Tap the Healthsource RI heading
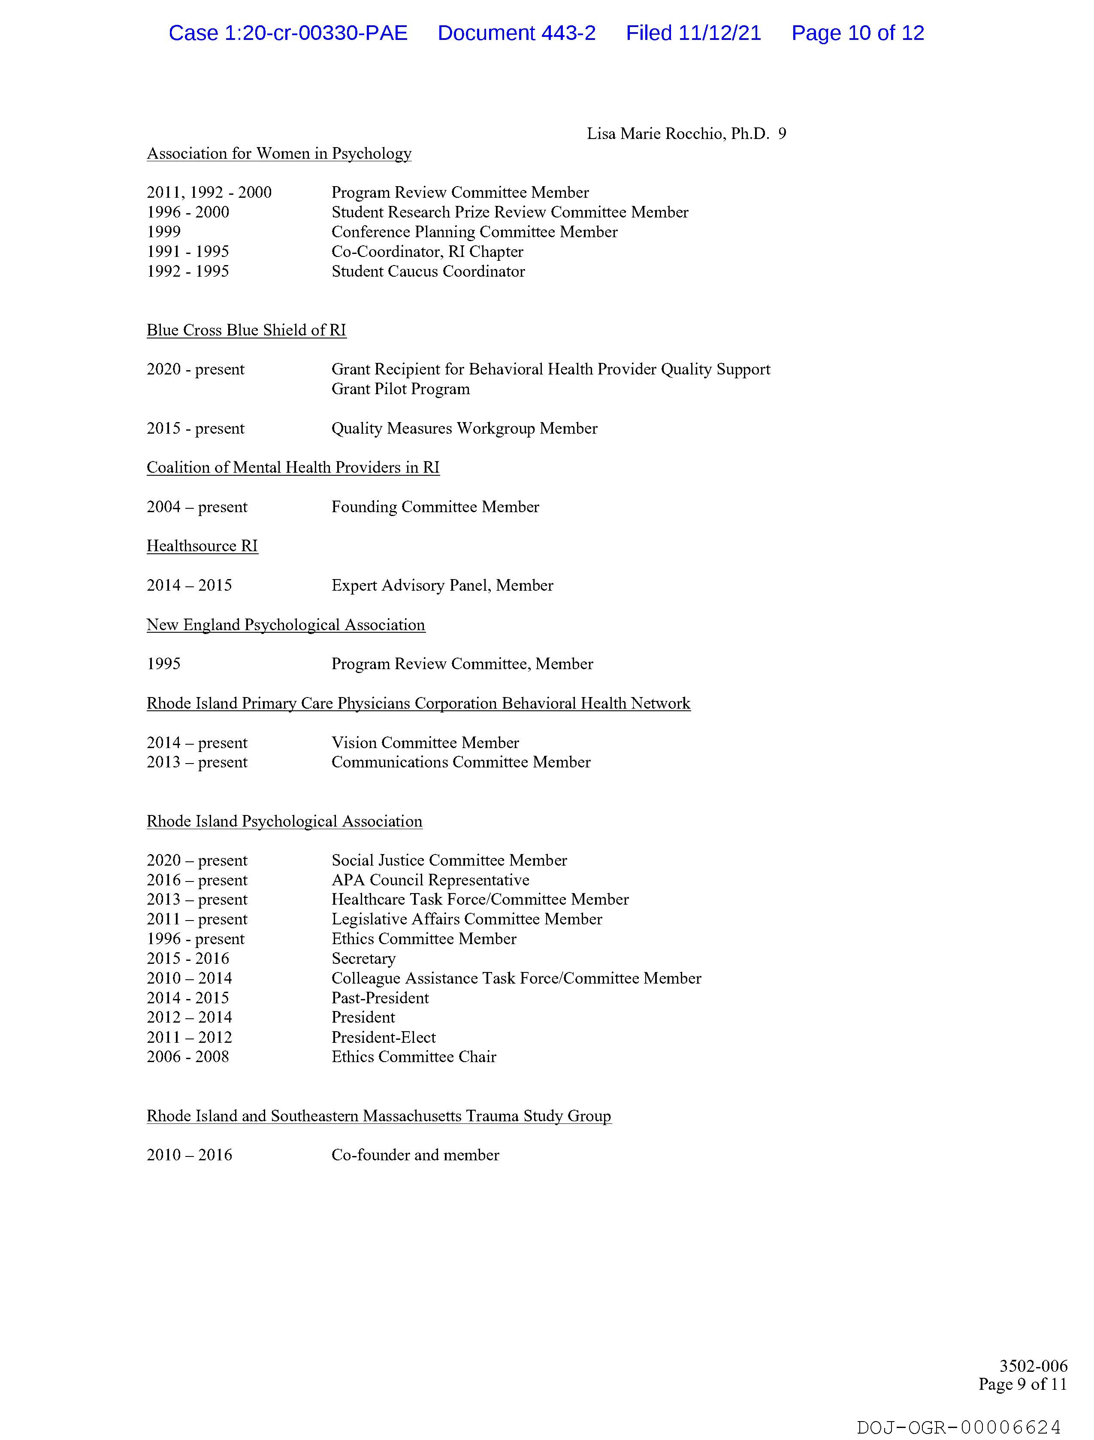pyautogui.click(x=202, y=546)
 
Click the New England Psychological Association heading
pyautogui.click(x=285, y=625)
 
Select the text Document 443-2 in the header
pyautogui.click(x=517, y=33)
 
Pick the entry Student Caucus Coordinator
pyautogui.click(x=428, y=272)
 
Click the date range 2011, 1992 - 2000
pyautogui.click(x=209, y=193)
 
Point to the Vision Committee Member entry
pyautogui.click(x=425, y=743)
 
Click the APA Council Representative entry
pyautogui.click(x=430, y=880)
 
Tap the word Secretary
pyautogui.click(x=363, y=959)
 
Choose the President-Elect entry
pyautogui.click(x=384, y=1038)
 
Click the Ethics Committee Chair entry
pyautogui.click(x=414, y=1057)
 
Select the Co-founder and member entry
pyautogui.click(x=415, y=1156)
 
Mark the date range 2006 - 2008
pyautogui.click(x=187, y=1057)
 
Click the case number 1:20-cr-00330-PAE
pyautogui.click(x=316, y=33)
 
